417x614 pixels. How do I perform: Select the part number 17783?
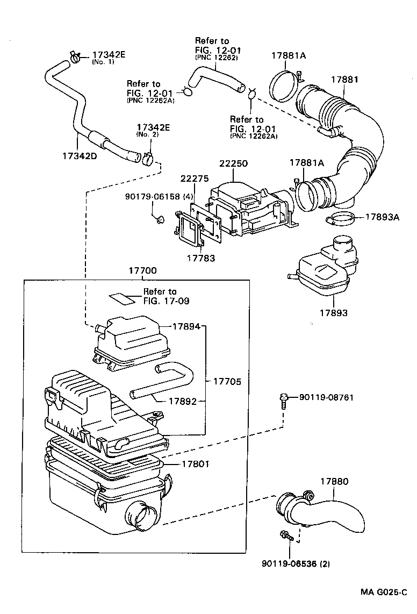pos(201,259)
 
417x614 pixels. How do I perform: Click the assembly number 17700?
pos(142,272)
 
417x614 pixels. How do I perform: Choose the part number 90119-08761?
pos(326,397)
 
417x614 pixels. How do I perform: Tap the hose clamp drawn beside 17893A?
pos(340,219)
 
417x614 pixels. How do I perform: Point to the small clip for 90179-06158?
pos(159,219)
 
